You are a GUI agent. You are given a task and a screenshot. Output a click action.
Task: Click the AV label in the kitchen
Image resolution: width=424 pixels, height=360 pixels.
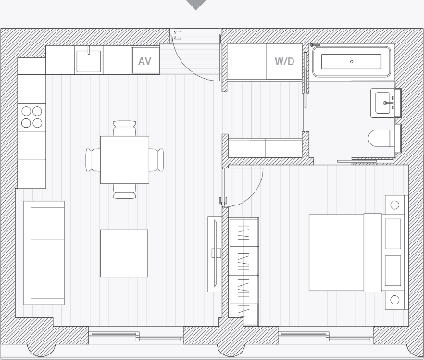[x=144, y=61]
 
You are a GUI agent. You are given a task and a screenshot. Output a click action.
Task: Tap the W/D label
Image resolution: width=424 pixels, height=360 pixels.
[x=284, y=61]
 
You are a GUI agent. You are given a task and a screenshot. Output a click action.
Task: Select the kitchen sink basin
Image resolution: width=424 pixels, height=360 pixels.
[x=89, y=61]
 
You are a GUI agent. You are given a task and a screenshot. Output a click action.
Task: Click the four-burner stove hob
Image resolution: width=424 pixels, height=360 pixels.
[x=31, y=118]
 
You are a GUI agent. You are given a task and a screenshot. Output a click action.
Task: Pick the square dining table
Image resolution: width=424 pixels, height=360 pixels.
[x=124, y=160]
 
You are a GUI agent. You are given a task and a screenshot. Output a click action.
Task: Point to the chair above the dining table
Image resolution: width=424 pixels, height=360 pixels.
[x=124, y=129]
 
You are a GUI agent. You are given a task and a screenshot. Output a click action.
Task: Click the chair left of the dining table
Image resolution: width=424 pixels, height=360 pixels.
[x=93, y=160]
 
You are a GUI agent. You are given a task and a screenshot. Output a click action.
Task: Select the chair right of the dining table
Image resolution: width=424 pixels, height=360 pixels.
[x=156, y=160]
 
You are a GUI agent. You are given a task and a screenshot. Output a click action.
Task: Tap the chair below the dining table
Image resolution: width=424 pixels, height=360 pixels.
[x=124, y=192]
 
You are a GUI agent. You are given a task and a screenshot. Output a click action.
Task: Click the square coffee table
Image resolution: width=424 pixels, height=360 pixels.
[x=124, y=253]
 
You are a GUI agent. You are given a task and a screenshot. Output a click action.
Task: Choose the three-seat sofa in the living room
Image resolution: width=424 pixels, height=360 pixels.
[x=44, y=254]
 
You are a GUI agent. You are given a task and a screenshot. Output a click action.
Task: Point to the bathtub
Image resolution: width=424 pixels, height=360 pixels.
[x=351, y=61]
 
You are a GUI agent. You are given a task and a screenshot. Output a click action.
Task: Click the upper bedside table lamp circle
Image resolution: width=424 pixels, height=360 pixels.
[x=394, y=205]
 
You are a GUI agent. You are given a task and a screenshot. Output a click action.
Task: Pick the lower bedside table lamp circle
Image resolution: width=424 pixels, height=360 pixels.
[x=394, y=300]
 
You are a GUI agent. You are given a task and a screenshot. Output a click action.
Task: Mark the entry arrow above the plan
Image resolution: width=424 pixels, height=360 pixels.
[x=196, y=5]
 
